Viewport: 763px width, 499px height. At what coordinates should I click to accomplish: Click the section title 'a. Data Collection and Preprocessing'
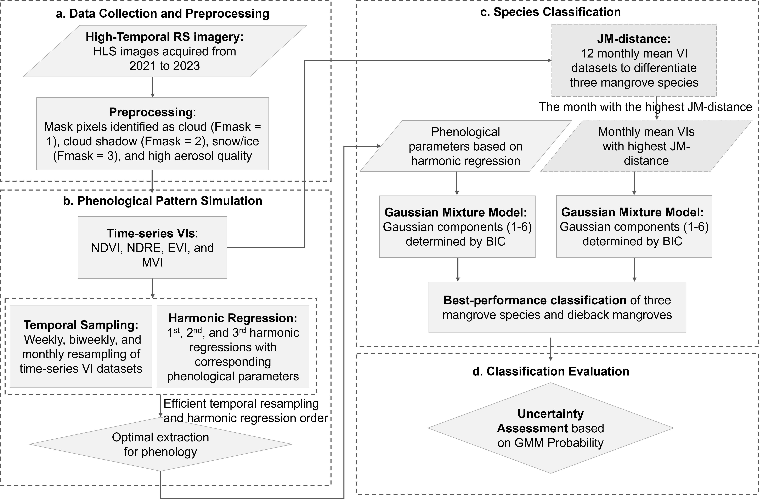click(x=163, y=13)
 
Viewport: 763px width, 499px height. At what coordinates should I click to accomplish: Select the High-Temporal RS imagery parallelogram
click(x=165, y=51)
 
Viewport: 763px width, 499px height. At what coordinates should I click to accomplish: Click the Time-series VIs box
click(x=153, y=247)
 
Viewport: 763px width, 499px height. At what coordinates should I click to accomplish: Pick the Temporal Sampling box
click(x=81, y=347)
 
